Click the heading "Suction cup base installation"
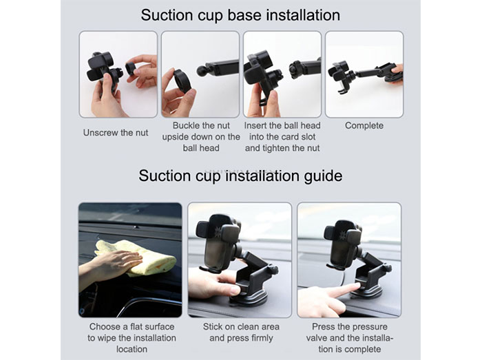click(240, 15)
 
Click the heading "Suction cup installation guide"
click(240, 176)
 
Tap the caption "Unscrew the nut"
click(116, 133)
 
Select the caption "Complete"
click(364, 126)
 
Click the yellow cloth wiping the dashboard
click(138, 257)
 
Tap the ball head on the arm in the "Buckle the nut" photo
click(202, 72)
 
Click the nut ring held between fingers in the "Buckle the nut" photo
click(182, 81)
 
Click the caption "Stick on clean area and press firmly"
click(241, 332)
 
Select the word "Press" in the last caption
click(325, 326)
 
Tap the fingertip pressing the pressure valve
click(356, 287)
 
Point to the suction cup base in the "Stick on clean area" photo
click(249, 297)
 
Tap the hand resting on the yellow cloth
click(114, 263)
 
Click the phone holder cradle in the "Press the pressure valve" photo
click(343, 245)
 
